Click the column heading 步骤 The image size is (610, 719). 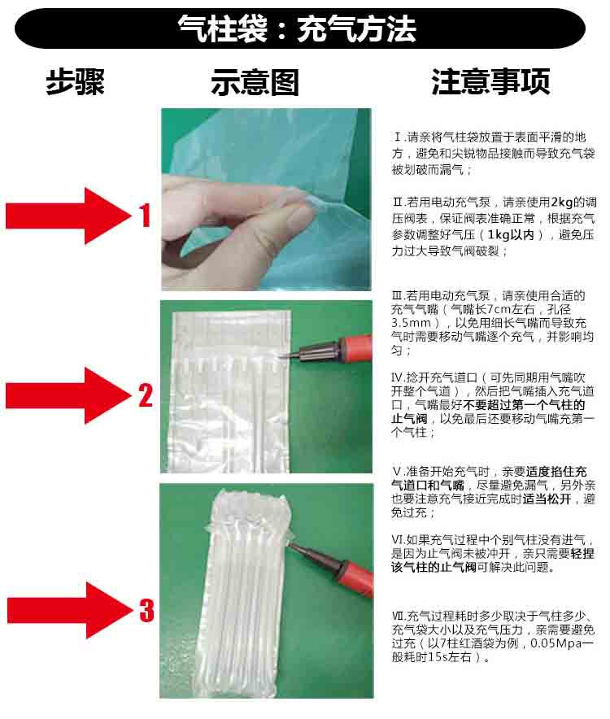(75, 81)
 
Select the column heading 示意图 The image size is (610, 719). (255, 82)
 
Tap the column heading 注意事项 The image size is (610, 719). (490, 81)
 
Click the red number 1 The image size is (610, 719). (145, 216)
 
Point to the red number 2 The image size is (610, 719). (145, 395)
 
